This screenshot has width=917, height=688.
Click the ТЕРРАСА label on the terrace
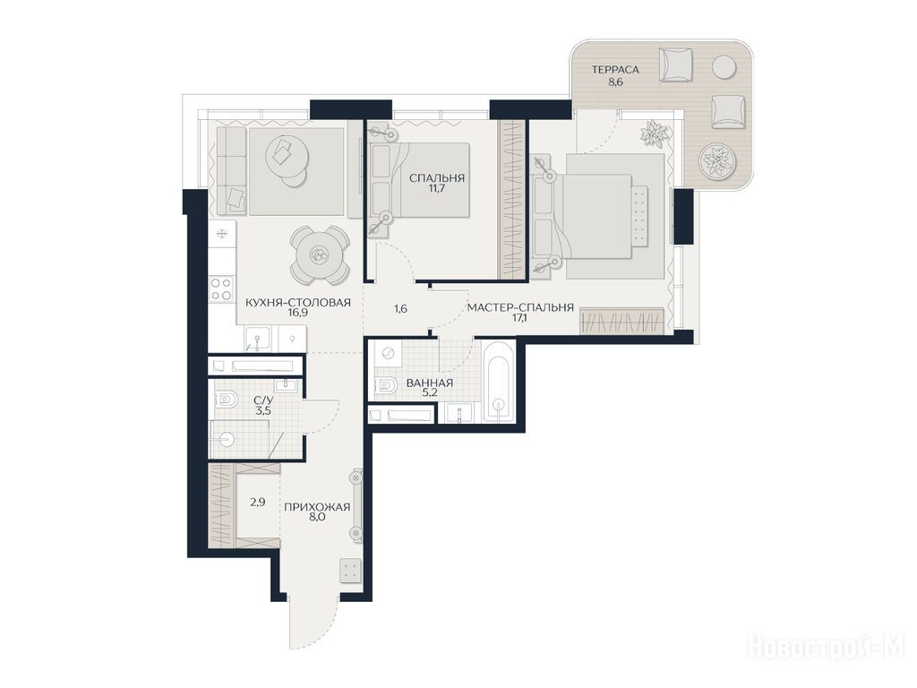click(614, 70)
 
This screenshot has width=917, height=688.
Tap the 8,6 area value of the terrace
click(615, 82)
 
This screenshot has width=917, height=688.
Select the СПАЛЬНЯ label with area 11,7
click(437, 178)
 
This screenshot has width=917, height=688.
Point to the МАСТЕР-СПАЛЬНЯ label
click(520, 308)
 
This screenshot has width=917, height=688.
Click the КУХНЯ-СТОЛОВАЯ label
click(297, 303)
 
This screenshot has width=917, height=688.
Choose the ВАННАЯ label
click(429, 383)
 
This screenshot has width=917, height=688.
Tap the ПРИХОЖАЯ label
click(317, 507)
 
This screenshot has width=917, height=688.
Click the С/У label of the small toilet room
click(262, 400)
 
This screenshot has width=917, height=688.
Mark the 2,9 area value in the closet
click(258, 502)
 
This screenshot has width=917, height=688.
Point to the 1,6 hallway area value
click(400, 308)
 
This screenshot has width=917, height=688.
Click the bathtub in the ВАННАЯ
click(499, 382)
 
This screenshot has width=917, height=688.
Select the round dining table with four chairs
click(320, 255)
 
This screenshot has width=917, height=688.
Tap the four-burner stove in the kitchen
click(222, 289)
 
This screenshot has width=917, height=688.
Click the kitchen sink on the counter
click(258, 340)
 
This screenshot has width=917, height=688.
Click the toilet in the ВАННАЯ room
click(385, 385)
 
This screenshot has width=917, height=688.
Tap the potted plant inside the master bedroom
click(654, 133)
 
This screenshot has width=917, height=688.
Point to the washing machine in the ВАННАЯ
click(388, 353)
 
